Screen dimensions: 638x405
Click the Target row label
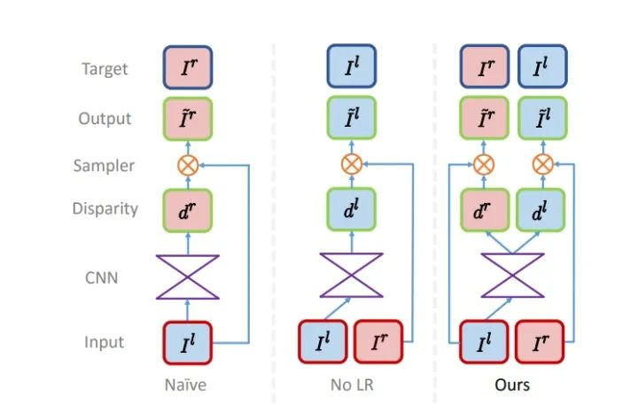(105, 68)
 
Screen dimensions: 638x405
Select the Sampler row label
(104, 166)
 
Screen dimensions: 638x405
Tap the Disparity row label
(105, 208)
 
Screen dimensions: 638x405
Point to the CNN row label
(101, 277)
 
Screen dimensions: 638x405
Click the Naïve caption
(185, 385)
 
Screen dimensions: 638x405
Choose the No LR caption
(352, 385)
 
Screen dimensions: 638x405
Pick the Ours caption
(512, 385)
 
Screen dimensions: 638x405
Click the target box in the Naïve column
(188, 67)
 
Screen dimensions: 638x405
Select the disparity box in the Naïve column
(188, 210)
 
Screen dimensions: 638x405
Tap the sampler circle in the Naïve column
(188, 166)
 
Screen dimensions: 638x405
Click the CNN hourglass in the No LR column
(352, 276)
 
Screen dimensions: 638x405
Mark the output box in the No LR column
(352, 118)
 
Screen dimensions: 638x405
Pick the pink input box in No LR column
(378, 341)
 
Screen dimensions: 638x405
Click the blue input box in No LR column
(323, 341)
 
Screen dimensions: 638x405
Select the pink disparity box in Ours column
(485, 210)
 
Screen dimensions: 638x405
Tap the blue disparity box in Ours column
(541, 210)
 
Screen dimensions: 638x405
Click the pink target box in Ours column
(485, 66)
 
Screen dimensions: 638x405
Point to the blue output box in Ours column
(543, 118)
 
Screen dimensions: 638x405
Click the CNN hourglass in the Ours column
(513, 276)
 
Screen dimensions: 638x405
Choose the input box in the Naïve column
(188, 343)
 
